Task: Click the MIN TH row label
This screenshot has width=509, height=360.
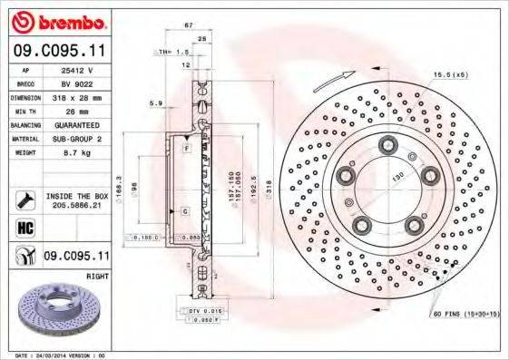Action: [x=24, y=112]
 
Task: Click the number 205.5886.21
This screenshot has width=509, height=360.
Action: [x=77, y=206]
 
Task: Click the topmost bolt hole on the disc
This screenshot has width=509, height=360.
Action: [x=387, y=142]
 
